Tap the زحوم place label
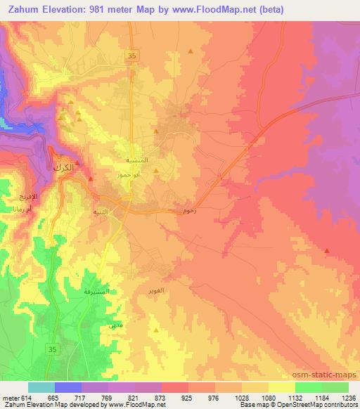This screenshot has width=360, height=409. click(188, 210)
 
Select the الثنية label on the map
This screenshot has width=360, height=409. click(101, 211)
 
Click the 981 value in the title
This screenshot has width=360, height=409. click(115, 9)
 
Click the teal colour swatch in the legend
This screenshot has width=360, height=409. click(41, 387)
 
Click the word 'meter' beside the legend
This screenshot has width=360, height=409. click(9, 398)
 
